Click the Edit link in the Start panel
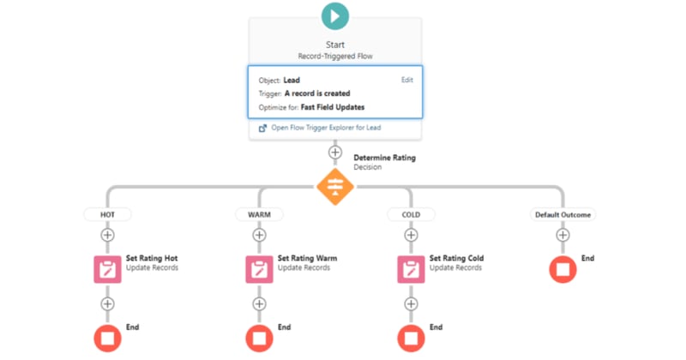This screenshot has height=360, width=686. [406, 80]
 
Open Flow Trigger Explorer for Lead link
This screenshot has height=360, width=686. [325, 128]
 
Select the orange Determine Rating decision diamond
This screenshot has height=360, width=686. [334, 185]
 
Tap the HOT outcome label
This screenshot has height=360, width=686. [107, 214]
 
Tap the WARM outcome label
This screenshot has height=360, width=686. [258, 214]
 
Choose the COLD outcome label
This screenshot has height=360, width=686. [411, 214]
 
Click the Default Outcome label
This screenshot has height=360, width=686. [563, 214]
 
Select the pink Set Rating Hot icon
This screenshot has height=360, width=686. [107, 268]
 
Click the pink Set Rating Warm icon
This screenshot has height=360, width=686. [259, 268]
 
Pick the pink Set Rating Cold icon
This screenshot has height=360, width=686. [411, 268]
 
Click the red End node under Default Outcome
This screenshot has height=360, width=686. [563, 268]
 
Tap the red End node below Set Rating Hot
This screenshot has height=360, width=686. [107, 337]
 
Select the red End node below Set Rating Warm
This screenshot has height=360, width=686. [259, 337]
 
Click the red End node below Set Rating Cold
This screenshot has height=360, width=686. [411, 337]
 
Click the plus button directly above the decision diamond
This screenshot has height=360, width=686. [334, 152]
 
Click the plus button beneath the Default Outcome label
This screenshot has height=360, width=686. [563, 234]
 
